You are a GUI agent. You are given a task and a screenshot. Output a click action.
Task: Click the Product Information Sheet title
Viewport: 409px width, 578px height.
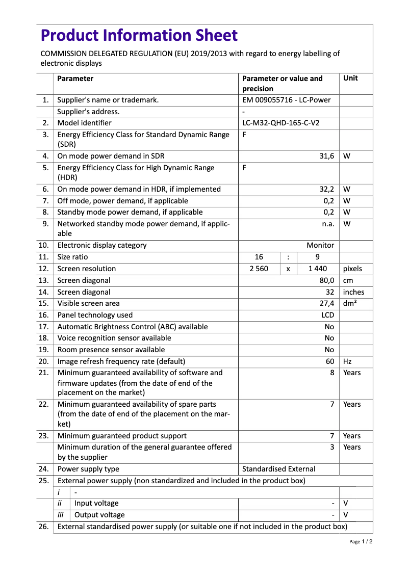(x=139, y=35)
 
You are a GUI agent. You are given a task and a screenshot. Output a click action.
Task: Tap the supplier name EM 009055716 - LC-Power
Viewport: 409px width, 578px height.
(x=286, y=100)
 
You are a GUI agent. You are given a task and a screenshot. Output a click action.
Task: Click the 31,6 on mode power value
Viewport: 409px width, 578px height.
(x=326, y=156)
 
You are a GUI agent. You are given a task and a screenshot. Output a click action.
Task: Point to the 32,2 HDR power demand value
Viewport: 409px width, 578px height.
(x=326, y=189)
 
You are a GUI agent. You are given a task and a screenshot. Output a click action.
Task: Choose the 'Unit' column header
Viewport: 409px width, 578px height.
(x=350, y=78)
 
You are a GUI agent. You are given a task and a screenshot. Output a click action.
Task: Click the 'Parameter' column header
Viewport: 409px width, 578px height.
(x=75, y=78)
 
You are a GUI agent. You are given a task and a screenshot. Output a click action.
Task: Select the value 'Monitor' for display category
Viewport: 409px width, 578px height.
(x=320, y=245)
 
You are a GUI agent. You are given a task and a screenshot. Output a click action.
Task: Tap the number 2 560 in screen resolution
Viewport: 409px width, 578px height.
(x=259, y=269)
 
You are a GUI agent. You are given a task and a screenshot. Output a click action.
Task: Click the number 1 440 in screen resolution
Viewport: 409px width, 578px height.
(x=318, y=269)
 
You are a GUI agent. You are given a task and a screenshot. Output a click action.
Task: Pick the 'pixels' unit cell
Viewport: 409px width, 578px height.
(x=352, y=269)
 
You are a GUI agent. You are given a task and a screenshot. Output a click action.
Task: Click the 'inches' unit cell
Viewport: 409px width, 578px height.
(x=353, y=292)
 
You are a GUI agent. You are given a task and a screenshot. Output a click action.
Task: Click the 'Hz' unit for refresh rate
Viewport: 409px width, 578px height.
(x=347, y=361)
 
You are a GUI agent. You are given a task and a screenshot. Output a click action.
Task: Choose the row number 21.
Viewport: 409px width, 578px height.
(x=44, y=373)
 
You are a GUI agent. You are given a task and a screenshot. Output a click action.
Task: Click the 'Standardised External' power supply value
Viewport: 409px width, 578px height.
(x=278, y=469)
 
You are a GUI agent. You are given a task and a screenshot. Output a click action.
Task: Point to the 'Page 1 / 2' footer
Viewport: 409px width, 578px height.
(x=361, y=542)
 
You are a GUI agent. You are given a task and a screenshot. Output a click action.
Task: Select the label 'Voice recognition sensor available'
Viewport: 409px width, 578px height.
(x=114, y=338)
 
